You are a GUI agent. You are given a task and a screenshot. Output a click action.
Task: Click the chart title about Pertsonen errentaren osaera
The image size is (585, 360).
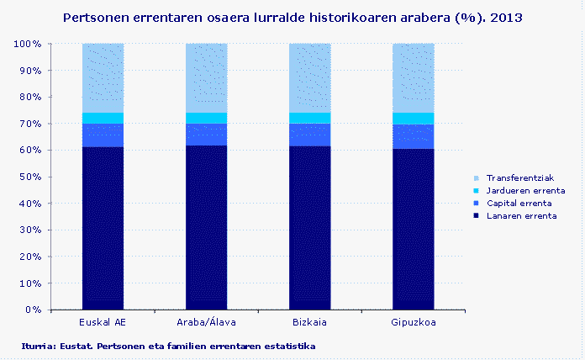(x=292, y=16)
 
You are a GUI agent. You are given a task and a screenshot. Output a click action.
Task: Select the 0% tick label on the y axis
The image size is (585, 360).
(x=33, y=310)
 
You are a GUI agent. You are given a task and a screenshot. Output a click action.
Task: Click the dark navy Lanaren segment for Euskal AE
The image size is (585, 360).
(x=103, y=227)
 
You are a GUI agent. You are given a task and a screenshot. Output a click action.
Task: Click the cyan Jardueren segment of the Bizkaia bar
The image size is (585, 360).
(x=309, y=118)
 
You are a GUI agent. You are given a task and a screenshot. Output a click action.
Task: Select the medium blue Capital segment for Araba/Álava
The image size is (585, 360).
(x=206, y=135)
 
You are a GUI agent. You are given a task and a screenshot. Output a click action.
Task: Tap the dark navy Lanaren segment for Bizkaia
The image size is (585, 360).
(x=309, y=227)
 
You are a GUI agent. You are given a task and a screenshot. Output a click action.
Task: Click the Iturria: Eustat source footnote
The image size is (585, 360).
(x=168, y=346)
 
